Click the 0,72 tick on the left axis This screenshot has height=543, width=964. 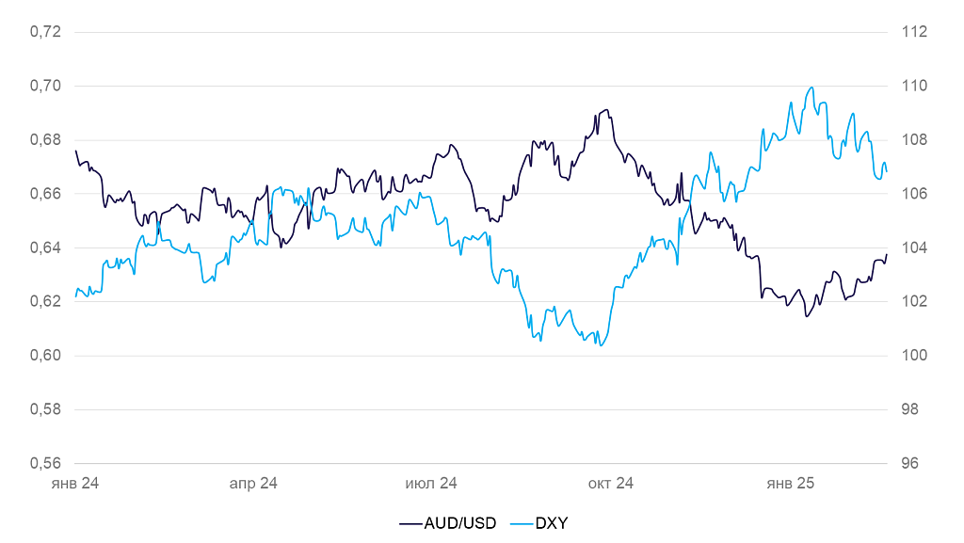46,32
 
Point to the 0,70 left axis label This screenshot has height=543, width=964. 46,86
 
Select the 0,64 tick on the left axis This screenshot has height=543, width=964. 46,248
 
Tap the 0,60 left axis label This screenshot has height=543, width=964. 46,356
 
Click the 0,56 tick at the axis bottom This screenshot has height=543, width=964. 46,464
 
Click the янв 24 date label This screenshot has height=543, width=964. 75,484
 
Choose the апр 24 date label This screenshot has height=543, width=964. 253,484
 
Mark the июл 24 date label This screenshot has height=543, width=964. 431,484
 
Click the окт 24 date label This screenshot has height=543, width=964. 611,484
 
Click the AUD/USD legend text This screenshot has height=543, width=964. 460,523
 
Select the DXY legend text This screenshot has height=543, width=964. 552,523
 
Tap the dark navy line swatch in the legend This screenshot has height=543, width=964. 410,523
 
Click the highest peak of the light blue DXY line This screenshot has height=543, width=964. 811,88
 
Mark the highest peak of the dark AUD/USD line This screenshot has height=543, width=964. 606,110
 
